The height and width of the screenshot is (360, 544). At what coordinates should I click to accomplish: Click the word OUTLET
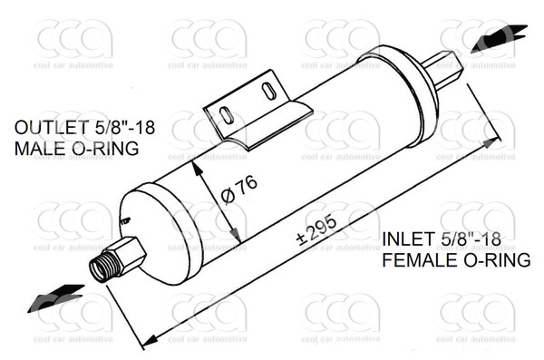click(x=52, y=128)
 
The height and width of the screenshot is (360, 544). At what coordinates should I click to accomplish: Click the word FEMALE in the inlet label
click(x=420, y=260)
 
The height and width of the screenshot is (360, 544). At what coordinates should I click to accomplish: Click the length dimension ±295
click(x=316, y=230)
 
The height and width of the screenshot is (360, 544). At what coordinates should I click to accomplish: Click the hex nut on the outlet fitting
click(x=130, y=256)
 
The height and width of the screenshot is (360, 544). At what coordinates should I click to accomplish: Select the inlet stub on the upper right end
click(x=443, y=70)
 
